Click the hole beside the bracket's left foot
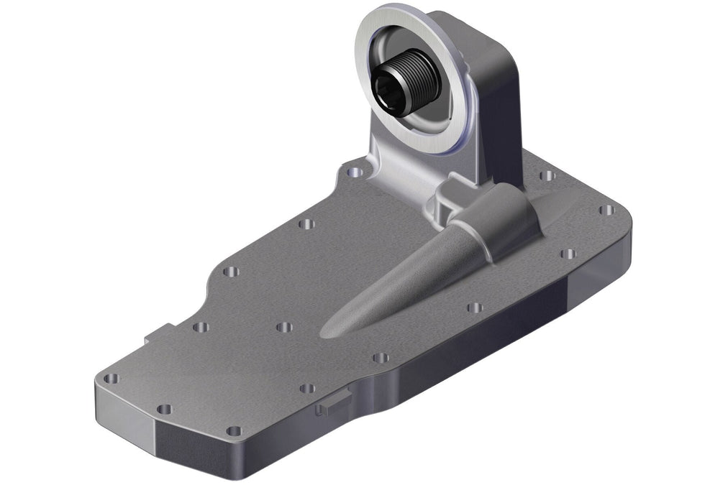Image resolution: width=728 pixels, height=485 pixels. point(354,173)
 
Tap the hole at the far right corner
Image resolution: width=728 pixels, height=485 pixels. point(606,211)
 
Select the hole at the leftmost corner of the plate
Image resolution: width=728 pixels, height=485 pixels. point(111,379)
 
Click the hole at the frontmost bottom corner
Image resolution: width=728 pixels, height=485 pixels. point(234,431)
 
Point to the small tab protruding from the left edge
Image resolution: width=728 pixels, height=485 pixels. point(157,332)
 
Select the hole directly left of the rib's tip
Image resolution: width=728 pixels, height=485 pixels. point(284,327)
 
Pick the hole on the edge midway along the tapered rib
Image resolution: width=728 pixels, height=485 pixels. point(474,308)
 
